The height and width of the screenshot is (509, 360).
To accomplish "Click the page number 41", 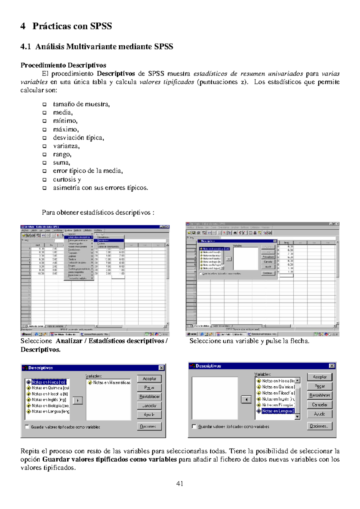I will (x=180, y=484).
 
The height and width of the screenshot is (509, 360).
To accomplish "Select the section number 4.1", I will (x=25, y=46).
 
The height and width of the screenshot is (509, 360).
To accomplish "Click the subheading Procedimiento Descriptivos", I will (x=63, y=65).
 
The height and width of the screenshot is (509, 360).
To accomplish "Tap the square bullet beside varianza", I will (x=44, y=146).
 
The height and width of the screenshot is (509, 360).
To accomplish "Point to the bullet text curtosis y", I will (x=67, y=179).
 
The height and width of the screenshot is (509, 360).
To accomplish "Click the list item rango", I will (x=62, y=154).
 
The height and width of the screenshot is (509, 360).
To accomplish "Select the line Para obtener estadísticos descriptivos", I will (x=98, y=213).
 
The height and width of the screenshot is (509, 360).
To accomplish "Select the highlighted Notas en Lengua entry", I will (x=277, y=411).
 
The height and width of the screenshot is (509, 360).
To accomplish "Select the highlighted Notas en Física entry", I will (x=48, y=382).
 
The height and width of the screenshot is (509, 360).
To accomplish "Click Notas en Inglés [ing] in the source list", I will (x=49, y=400).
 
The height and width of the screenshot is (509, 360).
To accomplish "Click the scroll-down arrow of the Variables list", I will (x=297, y=417).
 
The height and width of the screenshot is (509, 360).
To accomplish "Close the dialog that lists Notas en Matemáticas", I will (x=161, y=368).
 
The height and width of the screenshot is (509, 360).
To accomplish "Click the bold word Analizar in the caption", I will (x=69, y=341).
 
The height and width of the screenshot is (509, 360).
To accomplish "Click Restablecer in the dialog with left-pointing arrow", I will (x=319, y=395).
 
